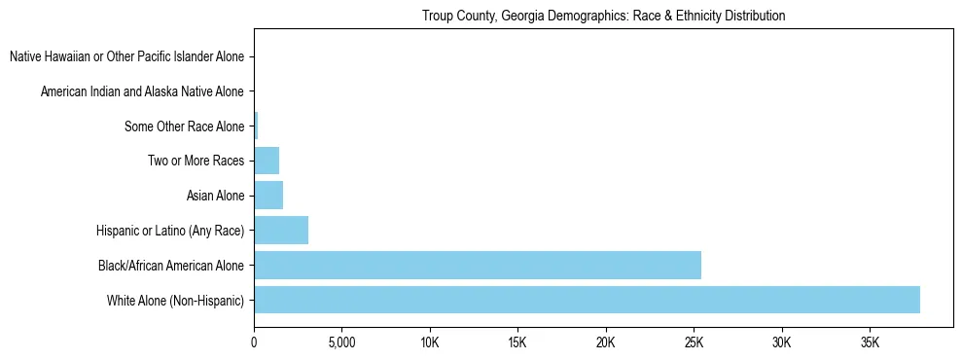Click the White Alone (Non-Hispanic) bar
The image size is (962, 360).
click(587, 300)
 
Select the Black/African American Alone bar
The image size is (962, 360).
click(478, 265)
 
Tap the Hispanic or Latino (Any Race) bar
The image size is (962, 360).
click(281, 231)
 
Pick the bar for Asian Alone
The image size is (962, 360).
click(268, 196)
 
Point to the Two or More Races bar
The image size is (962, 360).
click(267, 161)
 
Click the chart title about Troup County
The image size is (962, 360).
click(603, 17)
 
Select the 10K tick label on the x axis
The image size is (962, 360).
click(430, 343)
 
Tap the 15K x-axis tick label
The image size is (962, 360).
click(517, 343)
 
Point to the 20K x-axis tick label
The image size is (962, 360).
click(606, 343)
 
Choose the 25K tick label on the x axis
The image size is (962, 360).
click(694, 343)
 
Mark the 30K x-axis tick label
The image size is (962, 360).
click(782, 343)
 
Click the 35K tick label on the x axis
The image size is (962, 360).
click(870, 343)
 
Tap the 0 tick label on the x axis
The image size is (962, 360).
click(254, 343)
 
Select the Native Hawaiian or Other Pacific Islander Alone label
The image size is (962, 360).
click(126, 57)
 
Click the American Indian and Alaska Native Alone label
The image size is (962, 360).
click(142, 92)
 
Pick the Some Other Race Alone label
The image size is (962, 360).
click(185, 126)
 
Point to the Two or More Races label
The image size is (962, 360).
click(196, 162)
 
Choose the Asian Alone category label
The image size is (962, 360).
click(215, 197)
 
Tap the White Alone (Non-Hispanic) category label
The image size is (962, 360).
click(176, 301)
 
